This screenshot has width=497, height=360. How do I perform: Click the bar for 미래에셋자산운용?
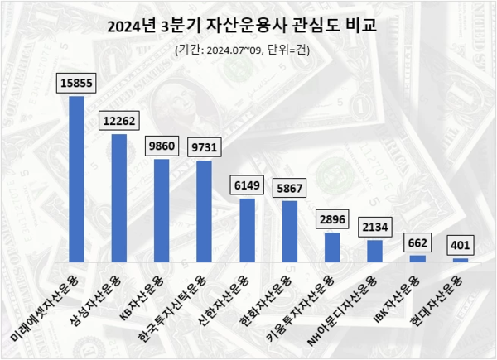[76, 179]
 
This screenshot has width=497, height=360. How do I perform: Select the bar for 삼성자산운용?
[118, 198]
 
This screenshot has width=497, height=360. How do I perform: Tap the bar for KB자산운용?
[161, 210]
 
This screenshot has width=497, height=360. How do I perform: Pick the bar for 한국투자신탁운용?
[204, 211]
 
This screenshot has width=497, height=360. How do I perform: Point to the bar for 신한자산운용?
[247, 230]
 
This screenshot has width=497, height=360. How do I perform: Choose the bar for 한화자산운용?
[289, 232]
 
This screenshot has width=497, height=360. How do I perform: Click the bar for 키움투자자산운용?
[331, 247]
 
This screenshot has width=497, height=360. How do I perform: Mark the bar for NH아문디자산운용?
[374, 251]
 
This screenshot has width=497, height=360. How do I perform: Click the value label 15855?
[75, 82]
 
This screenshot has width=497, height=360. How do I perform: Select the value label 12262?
[118, 120]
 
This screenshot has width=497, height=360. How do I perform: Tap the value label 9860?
[161, 145]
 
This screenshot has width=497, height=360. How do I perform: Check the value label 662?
[417, 242]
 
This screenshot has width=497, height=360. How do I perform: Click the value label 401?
[460, 245]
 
